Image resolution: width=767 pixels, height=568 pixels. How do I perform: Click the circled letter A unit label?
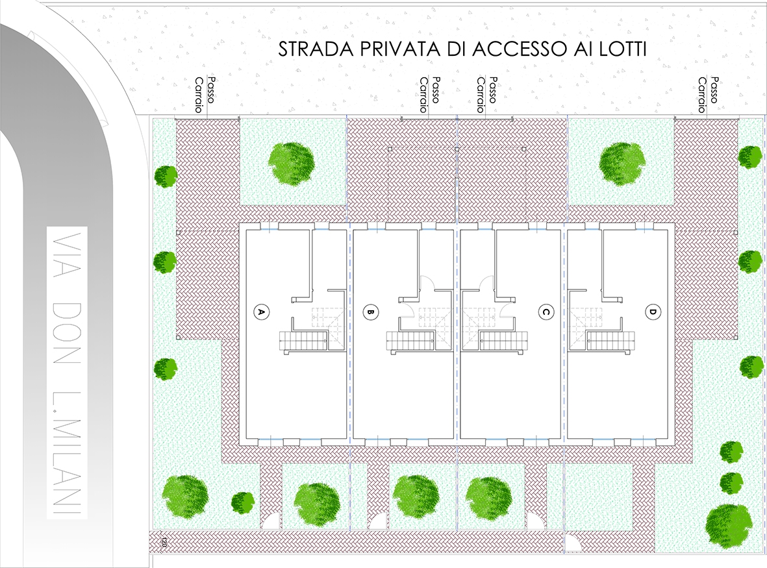[x=260, y=312]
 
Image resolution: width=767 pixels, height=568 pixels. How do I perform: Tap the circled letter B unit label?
[x=371, y=312]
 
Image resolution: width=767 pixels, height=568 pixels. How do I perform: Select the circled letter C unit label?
[x=546, y=312]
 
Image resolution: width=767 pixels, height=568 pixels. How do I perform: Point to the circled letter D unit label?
[x=653, y=312]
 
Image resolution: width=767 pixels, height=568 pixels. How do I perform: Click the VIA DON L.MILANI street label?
[x=67, y=372]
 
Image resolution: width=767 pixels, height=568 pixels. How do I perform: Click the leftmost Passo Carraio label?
[x=205, y=95]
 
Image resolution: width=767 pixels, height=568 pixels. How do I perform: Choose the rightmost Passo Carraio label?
[x=708, y=95]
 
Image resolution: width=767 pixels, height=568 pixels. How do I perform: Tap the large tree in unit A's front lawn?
[x=292, y=163]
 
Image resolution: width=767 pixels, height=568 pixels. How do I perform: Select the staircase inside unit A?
[x=303, y=340]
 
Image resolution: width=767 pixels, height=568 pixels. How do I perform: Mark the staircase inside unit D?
[x=610, y=340]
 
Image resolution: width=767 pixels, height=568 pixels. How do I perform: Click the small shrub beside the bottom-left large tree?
[x=243, y=502]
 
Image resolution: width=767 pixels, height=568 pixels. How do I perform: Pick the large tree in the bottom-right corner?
[x=729, y=526]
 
